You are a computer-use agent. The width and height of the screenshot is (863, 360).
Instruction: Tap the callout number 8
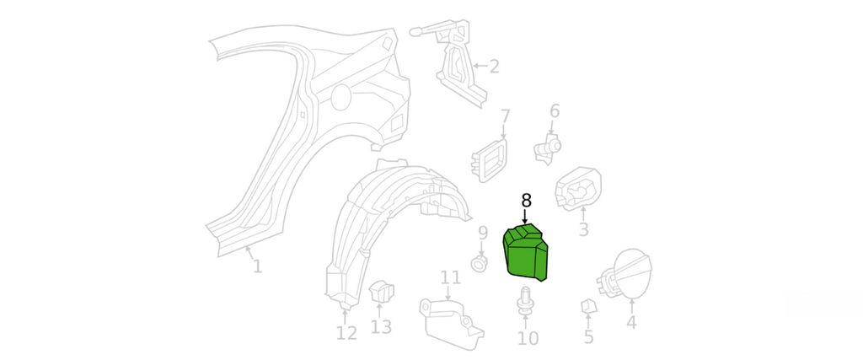tap(526, 201)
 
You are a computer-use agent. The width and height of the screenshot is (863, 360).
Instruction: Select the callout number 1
tap(257, 266)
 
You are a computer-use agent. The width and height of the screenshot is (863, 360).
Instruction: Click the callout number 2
tap(494, 66)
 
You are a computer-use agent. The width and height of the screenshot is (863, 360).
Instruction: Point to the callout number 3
tap(583, 229)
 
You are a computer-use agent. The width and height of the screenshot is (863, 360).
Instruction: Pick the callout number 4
tap(631, 321)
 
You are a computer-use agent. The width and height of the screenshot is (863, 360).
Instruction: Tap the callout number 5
tap(588, 337)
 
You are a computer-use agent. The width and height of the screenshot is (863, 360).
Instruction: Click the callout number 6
tap(555, 111)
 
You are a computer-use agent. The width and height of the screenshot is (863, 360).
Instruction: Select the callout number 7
tap(505, 116)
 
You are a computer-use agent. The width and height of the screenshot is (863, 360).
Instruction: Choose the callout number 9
tap(483, 233)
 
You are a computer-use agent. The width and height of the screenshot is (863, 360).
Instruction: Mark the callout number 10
tap(528, 339)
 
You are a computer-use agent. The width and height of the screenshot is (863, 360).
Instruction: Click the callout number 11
tap(451, 277)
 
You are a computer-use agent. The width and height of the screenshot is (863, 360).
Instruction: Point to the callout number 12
tap(346, 333)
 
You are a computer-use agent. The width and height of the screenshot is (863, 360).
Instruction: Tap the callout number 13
tap(382, 326)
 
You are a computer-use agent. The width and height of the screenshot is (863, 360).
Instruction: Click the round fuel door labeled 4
tap(632, 271)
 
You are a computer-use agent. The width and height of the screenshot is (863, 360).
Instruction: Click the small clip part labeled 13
tap(383, 292)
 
